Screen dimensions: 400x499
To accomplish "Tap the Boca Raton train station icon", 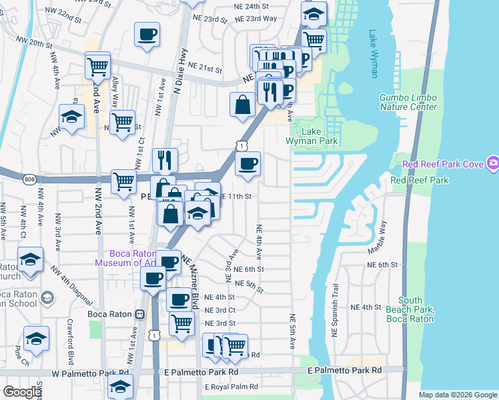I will [x=140, y=315].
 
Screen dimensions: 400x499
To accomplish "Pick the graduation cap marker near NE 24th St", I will [x=314, y=14].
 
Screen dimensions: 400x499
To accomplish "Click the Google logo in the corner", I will [x=22, y=392].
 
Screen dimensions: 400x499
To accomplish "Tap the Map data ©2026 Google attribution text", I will [x=458, y=395].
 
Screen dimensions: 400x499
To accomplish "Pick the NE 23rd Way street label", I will [x=261, y=19].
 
